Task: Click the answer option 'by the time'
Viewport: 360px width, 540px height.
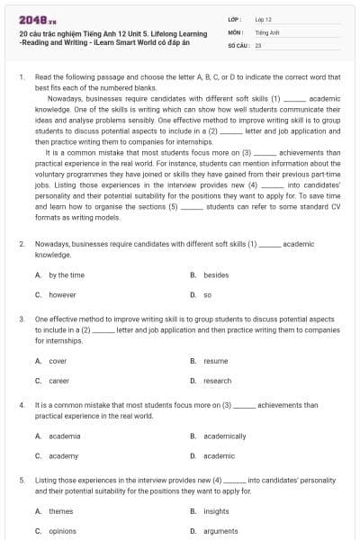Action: click(66, 274)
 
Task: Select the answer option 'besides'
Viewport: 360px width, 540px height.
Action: click(216, 274)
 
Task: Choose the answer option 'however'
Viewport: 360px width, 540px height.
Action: click(62, 294)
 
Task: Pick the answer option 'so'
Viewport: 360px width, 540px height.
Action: click(207, 294)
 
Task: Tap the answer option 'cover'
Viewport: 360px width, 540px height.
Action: click(58, 361)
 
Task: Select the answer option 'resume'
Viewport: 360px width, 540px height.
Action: click(216, 361)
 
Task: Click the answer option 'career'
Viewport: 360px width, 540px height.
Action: click(58, 381)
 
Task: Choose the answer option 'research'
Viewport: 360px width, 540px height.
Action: click(218, 381)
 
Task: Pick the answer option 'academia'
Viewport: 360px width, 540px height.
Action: click(64, 436)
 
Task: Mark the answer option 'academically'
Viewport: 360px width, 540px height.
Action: click(224, 436)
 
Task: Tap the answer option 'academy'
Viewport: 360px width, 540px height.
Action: click(63, 456)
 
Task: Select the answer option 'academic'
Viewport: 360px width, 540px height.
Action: click(219, 456)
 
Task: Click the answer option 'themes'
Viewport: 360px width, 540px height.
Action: click(60, 511)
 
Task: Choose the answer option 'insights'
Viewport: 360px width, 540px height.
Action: click(216, 511)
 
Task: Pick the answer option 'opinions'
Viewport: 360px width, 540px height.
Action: click(62, 531)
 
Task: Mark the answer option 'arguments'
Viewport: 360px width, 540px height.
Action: click(220, 531)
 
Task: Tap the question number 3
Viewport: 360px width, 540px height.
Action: click(22, 319)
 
